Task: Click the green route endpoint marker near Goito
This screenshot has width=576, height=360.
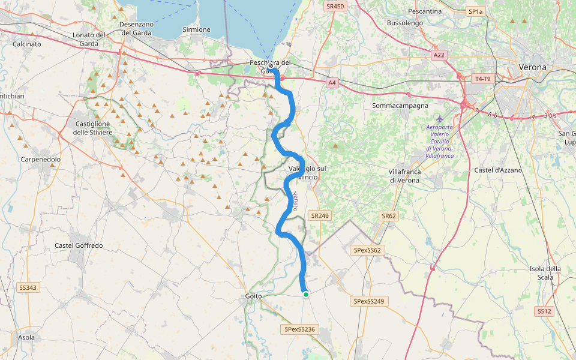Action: click(x=306, y=294)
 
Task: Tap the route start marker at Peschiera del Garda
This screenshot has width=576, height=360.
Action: click(x=271, y=66)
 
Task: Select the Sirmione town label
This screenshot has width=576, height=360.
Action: click(x=197, y=29)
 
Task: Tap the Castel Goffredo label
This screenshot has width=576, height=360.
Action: click(x=79, y=245)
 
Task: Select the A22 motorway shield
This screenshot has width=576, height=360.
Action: click(x=439, y=55)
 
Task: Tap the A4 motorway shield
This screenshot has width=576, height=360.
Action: click(x=332, y=83)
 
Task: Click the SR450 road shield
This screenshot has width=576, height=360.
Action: click(x=335, y=6)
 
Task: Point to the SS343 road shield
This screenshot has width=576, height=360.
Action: click(x=28, y=288)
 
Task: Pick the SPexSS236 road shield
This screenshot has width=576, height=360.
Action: click(x=300, y=329)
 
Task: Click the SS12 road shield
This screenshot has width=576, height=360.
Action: click(x=544, y=311)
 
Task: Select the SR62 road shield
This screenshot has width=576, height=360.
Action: click(x=389, y=215)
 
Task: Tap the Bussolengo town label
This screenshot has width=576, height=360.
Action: click(x=405, y=23)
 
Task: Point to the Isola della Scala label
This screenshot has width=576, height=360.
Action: click(x=545, y=272)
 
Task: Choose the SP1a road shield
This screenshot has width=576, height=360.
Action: click(x=475, y=11)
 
